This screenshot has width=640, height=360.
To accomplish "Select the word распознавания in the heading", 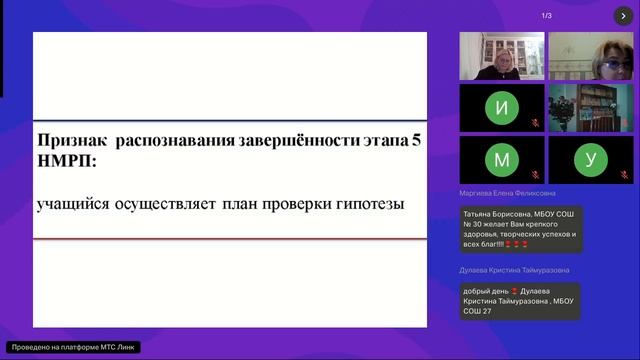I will click(174, 141).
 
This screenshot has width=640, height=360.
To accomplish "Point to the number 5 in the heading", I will click(416, 141).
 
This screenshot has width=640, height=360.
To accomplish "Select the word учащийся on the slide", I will click(66, 204).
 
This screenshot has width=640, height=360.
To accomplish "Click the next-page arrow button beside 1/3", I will click(623, 16).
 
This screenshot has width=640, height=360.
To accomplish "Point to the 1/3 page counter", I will click(546, 16).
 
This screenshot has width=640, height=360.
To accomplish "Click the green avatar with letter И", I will click(502, 107).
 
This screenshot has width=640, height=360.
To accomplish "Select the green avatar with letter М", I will click(502, 160).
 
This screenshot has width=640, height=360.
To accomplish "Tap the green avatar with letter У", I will click(591, 160).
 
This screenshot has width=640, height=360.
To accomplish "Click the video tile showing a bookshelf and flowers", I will click(591, 107).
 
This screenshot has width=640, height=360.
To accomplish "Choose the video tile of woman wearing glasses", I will click(591, 56).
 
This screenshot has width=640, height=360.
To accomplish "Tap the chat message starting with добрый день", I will click(520, 300).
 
